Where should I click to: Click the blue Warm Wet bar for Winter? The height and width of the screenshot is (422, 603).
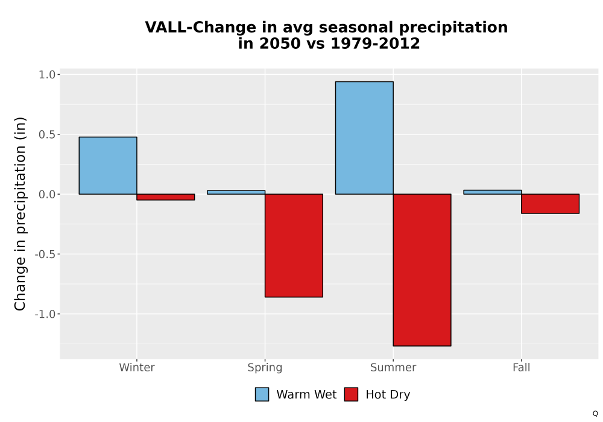click(108, 166)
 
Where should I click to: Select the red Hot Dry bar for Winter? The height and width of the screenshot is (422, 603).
click(166, 197)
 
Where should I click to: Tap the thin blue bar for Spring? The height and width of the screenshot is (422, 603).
click(236, 192)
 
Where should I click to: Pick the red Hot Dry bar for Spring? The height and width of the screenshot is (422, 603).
click(294, 245)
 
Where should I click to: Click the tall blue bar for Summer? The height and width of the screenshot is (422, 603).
click(364, 138)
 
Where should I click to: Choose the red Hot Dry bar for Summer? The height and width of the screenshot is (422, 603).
click(422, 270)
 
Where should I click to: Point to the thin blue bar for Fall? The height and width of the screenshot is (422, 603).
click(493, 192)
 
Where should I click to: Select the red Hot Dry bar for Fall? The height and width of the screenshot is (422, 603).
click(551, 204)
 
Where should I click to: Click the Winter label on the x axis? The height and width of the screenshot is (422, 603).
click(137, 367)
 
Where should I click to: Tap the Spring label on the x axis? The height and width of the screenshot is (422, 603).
click(265, 368)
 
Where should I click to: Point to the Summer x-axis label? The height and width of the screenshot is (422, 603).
click(393, 367)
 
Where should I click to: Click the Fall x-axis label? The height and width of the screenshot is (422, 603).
click(522, 367)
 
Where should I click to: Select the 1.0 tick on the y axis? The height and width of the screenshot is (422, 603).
click(47, 75)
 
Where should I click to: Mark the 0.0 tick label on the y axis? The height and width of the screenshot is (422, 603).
click(47, 195)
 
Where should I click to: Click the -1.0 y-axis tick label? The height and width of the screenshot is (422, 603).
click(45, 314)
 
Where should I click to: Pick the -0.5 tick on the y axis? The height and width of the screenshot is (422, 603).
click(45, 254)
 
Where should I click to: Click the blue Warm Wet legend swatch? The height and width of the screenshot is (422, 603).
click(262, 394)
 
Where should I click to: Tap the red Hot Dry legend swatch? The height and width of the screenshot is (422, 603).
click(351, 394)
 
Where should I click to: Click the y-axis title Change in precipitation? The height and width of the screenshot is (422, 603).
click(20, 213)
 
